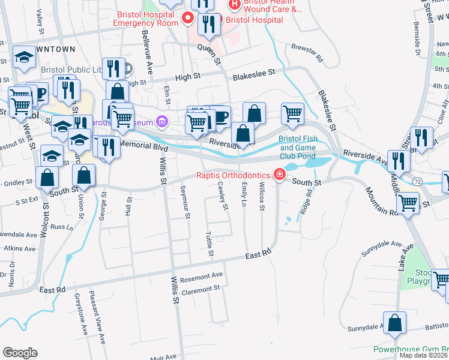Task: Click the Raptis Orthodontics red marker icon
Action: click(279, 175)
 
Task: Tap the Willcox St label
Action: click(262, 197)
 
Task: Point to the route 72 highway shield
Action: click(417, 180)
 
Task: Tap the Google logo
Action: click(20, 352)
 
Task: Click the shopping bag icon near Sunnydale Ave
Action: click(396, 323)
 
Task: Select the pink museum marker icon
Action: click(161, 122)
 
